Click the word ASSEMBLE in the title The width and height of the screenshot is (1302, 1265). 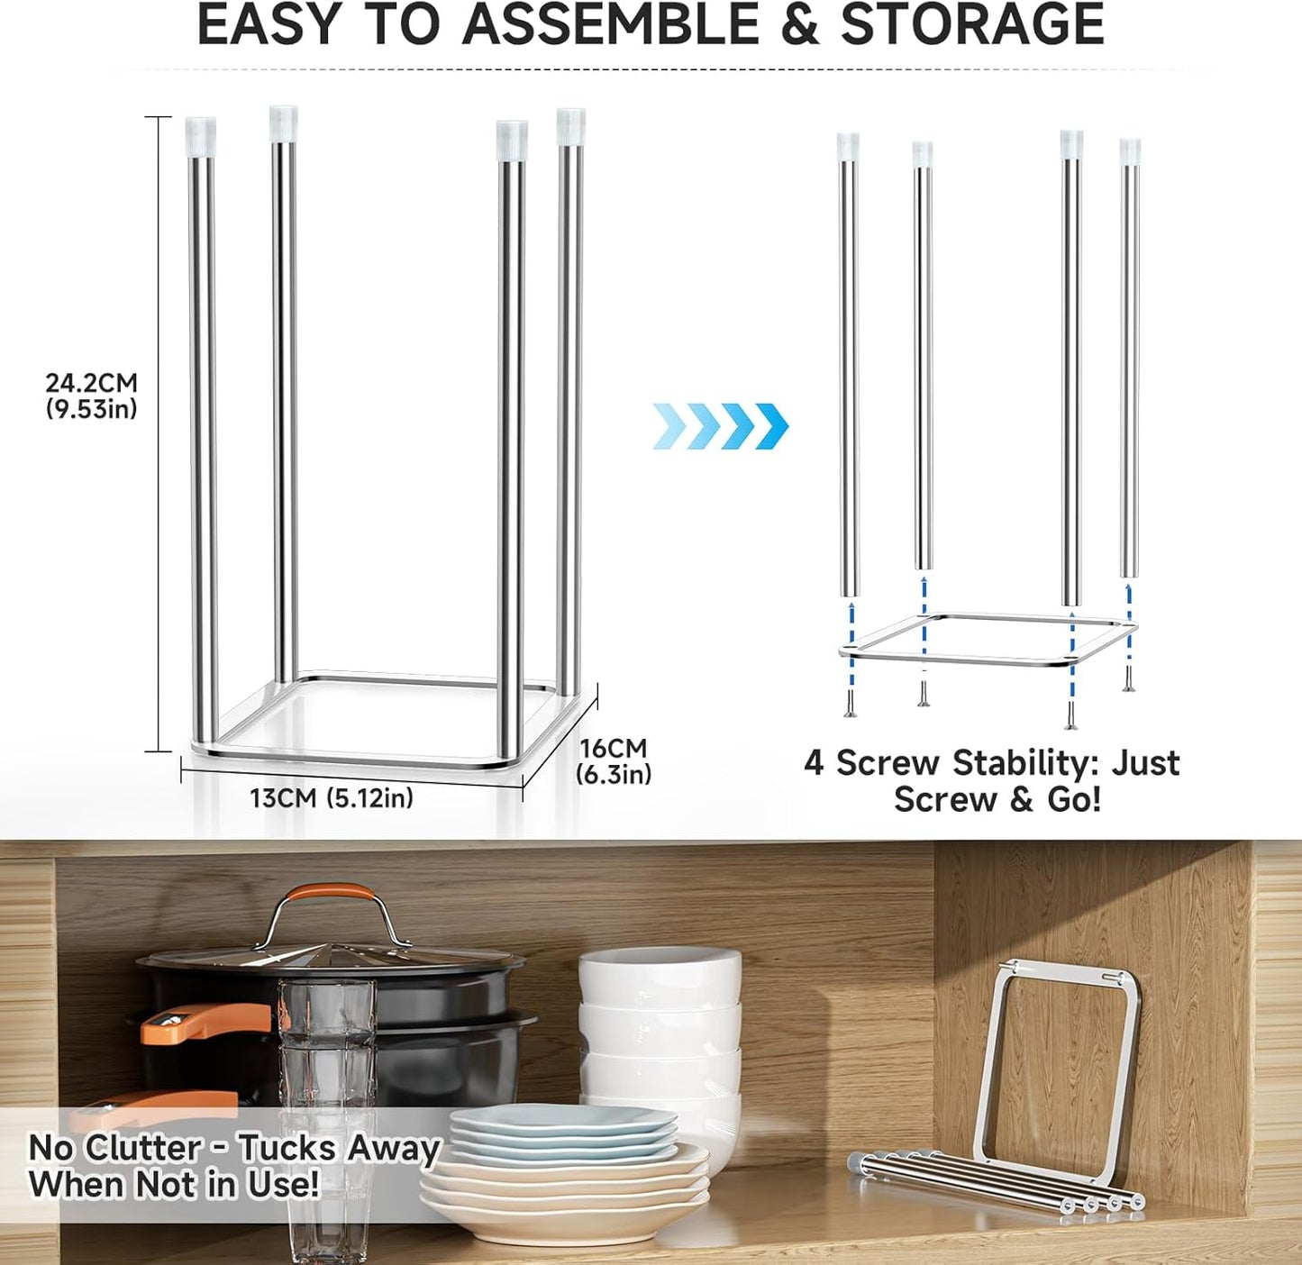pos(611,25)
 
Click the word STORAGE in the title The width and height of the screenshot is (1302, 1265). pos(972,25)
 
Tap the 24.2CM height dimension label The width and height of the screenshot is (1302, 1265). pos(92,383)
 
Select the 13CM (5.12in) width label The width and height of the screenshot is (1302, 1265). pos(332,798)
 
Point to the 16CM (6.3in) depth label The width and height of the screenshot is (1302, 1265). pos(614,761)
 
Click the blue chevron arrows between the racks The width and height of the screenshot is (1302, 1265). pos(721,425)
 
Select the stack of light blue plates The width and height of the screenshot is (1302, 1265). pos(563,1131)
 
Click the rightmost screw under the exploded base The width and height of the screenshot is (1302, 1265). pos(1127,680)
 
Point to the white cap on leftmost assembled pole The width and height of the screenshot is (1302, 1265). pos(201,136)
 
